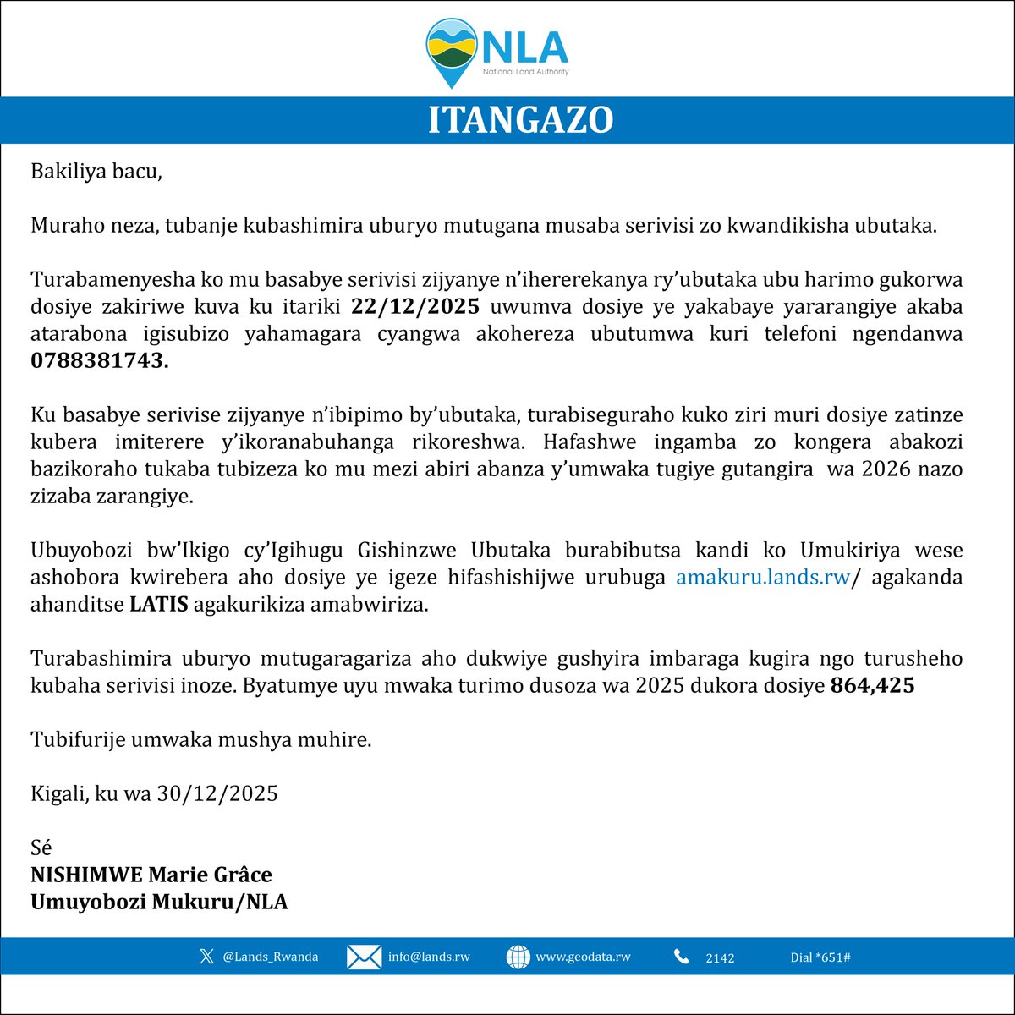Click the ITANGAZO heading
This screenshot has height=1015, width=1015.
pos(519,120)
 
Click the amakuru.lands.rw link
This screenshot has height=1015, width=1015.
pos(762,578)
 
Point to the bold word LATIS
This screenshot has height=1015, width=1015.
pos(158,606)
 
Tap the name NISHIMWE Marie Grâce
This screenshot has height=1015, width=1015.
pos(151,874)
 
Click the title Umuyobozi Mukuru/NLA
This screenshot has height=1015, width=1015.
pos(159,902)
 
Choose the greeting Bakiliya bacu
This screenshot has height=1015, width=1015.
pos(96,172)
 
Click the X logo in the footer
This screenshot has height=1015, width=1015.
pos(206,957)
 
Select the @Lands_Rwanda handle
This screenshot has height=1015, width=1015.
pos(271,957)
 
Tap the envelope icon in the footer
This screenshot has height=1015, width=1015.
pos(364,957)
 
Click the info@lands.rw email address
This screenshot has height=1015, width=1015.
pos(429,957)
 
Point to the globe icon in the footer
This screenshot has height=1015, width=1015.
pos(518,957)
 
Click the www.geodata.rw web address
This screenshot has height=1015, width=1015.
pos(583,957)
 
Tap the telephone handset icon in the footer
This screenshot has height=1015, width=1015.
pos(682,957)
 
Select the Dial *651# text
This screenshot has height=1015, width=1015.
pos(820,957)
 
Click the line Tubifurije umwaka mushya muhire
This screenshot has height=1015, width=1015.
pos(201,740)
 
